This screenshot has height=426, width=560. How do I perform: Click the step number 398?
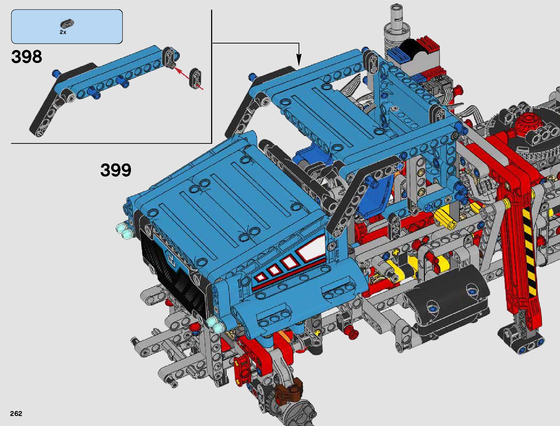pos(26,57)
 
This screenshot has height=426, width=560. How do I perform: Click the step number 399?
pos(116,170)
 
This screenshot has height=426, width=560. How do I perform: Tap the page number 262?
pos(16,413)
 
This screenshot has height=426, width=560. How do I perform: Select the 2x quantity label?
pos(63,32)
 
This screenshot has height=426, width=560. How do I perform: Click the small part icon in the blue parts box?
pos(67,24)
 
